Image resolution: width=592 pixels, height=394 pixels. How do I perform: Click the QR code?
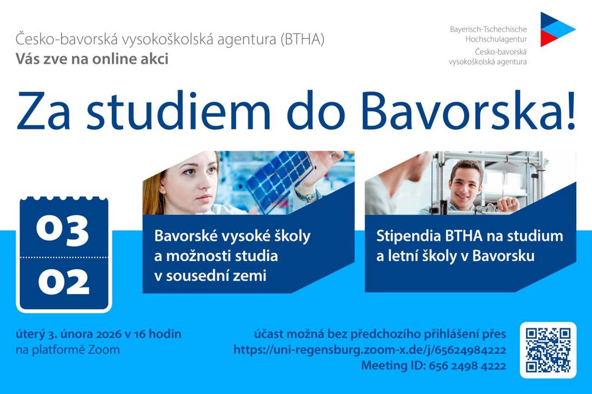[x=548, y=350]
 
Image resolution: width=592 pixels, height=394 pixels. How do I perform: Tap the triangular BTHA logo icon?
[x=556, y=29]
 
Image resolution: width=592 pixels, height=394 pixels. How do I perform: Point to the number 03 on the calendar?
[x=62, y=230]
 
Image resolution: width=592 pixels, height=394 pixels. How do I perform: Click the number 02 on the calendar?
[x=63, y=283]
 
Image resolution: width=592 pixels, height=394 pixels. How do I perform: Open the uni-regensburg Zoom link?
[x=370, y=350]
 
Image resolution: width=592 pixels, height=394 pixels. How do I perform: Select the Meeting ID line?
[x=433, y=366]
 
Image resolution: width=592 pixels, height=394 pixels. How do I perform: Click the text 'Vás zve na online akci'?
[x=92, y=59]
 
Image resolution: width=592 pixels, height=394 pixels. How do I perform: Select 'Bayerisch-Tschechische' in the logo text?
[x=488, y=30]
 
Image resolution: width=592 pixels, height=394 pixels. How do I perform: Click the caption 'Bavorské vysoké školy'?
[x=232, y=236]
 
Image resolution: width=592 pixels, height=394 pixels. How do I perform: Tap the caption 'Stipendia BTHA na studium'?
[x=469, y=236]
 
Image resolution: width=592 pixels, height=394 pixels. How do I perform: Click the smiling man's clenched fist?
[x=508, y=204]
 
